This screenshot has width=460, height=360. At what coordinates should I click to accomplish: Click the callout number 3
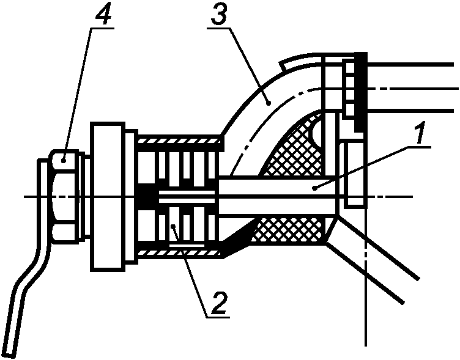tap(218, 14)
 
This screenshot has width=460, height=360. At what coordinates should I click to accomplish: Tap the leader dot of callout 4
tap(63, 160)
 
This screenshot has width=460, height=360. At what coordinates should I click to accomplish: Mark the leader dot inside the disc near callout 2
tap(173, 226)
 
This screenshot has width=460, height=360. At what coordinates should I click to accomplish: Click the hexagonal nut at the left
tap(65, 196)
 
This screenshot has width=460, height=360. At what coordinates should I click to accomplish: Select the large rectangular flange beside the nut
tap(108, 196)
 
